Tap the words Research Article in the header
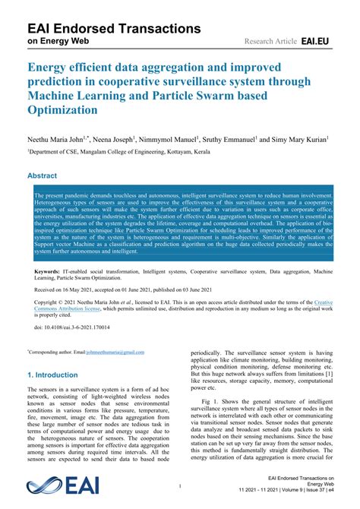point(269,40)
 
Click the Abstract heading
point(43,175)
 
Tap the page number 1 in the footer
point(180,485)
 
